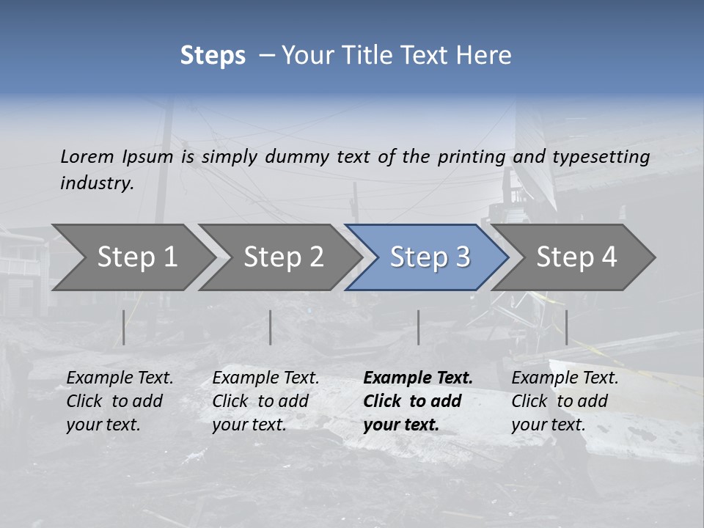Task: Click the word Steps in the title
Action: tap(213, 56)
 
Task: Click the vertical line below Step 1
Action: tap(124, 327)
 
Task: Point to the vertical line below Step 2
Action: tap(271, 327)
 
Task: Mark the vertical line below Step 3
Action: tap(418, 327)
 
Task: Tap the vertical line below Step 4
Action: tap(566, 327)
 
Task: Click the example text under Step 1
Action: tap(120, 401)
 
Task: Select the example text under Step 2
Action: tap(265, 401)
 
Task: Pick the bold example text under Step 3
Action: tap(418, 401)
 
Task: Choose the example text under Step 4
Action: tap(565, 401)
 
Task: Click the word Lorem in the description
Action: tap(87, 157)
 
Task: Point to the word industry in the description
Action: tap(97, 183)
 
